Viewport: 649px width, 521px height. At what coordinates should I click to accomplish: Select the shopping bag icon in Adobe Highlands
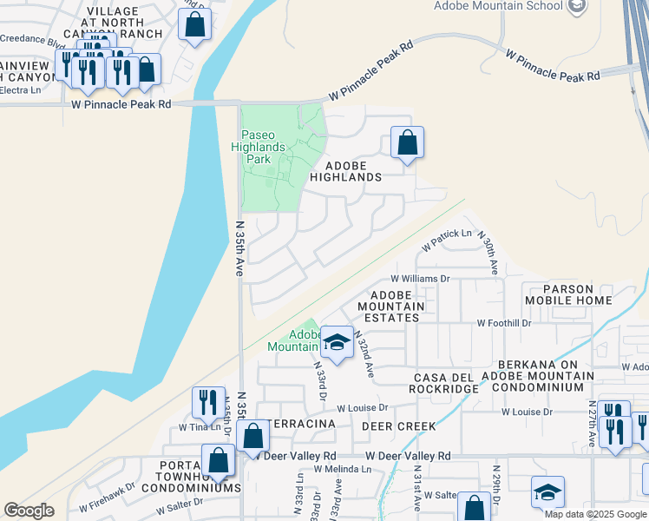407,143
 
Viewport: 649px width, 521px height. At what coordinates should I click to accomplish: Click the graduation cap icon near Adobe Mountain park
336,342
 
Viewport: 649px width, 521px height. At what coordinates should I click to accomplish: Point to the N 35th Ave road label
240,248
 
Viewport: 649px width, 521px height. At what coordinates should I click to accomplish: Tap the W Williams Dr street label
420,279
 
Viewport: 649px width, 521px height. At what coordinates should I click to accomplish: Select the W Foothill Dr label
503,323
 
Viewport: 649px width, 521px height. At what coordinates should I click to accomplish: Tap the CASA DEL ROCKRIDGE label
446,383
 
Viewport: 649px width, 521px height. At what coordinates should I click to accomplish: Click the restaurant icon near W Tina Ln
207,402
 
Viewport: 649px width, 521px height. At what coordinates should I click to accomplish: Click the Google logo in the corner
29,511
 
